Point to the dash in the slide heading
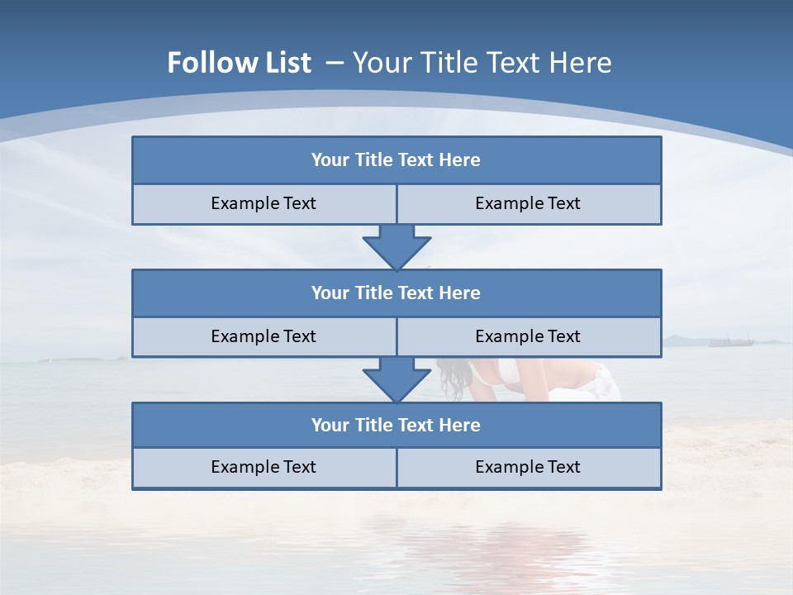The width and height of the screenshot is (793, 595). pos(335,63)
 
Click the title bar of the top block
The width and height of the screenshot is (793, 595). pos(396,160)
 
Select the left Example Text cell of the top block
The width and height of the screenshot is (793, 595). pos(264,204)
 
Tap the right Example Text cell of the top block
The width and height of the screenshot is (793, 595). pos(528,204)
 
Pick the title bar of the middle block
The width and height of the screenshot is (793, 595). pos(396,293)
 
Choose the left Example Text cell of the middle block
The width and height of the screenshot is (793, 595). pos(264,336)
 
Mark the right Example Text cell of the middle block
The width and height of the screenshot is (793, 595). pos(528,336)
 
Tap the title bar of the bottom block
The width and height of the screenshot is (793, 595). pos(396,425)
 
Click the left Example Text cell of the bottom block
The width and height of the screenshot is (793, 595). pos(264,468)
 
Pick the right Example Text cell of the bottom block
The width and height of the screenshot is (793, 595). pos(528,468)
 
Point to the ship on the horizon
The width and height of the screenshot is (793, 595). pos(731,340)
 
